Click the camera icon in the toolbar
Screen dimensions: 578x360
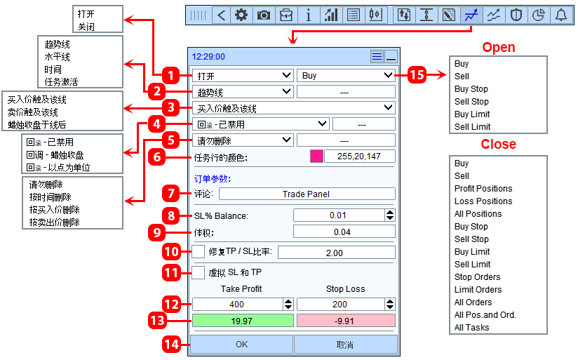point(264,15)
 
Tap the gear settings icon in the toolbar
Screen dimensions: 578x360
point(241,15)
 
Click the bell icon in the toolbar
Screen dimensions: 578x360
point(561,15)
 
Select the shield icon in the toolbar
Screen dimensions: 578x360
point(516,15)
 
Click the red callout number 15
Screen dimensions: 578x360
point(417,75)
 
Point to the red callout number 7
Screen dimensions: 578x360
point(171,193)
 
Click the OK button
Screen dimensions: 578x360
point(241,344)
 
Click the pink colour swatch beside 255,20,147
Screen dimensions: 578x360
point(316,156)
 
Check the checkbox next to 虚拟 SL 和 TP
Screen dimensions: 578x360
point(198,272)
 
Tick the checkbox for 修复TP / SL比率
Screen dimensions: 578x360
point(198,251)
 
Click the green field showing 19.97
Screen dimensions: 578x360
point(243,321)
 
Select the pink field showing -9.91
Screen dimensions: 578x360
point(346,321)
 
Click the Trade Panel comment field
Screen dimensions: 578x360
point(307,194)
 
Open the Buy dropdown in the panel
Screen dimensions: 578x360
point(346,75)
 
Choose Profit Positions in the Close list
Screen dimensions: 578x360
point(483,189)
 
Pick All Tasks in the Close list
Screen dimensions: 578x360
point(472,328)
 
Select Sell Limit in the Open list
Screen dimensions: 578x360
point(472,127)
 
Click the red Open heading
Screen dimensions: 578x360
point(499,47)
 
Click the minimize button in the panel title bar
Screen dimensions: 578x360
point(391,57)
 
